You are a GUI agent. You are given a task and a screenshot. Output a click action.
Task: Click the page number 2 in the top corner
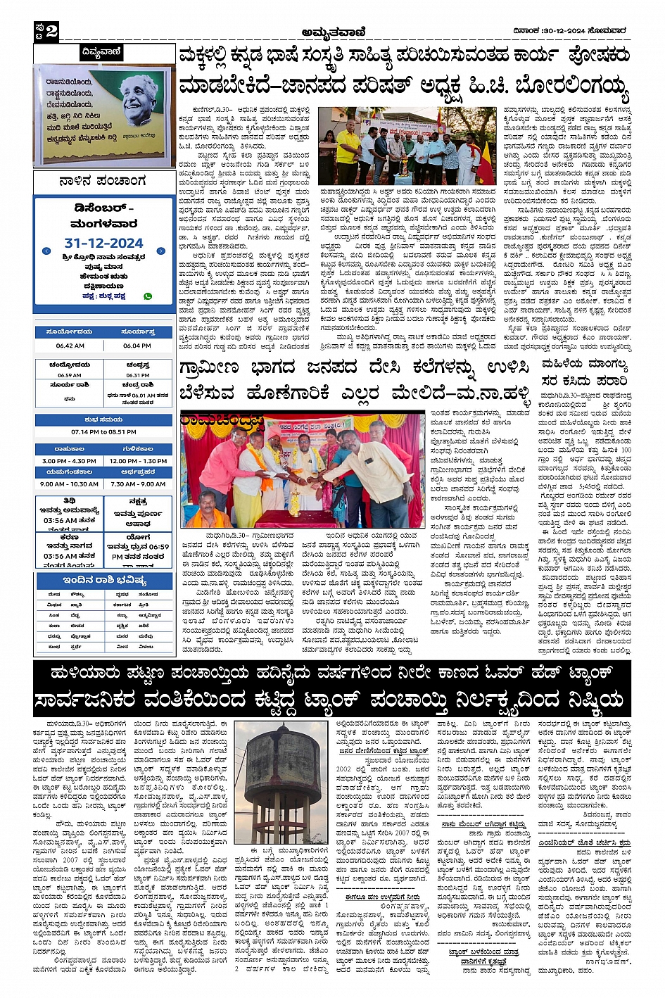tap(51, 31)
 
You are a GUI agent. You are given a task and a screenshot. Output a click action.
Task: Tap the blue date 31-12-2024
tap(103, 243)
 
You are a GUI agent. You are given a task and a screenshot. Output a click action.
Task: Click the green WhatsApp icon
tap(148, 296)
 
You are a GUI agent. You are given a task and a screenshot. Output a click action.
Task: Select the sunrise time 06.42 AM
tap(70, 346)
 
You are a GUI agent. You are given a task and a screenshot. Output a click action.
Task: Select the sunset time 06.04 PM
tap(137, 346)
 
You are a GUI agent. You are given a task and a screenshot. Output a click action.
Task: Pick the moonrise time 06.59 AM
tap(70, 375)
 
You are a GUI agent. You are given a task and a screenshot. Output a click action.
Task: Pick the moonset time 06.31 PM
tap(137, 375)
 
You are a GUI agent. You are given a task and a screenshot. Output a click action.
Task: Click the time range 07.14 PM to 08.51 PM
tap(103, 432)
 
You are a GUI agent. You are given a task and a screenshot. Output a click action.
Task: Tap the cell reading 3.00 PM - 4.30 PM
tap(69, 461)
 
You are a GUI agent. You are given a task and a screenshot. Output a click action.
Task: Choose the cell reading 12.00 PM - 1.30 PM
tap(138, 461)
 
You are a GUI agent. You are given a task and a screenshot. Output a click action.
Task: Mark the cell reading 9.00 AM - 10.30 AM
tap(69, 484)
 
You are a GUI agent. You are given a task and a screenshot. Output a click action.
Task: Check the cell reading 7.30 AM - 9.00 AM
tap(138, 484)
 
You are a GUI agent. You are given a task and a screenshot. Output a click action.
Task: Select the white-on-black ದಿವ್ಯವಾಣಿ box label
tap(101, 52)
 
